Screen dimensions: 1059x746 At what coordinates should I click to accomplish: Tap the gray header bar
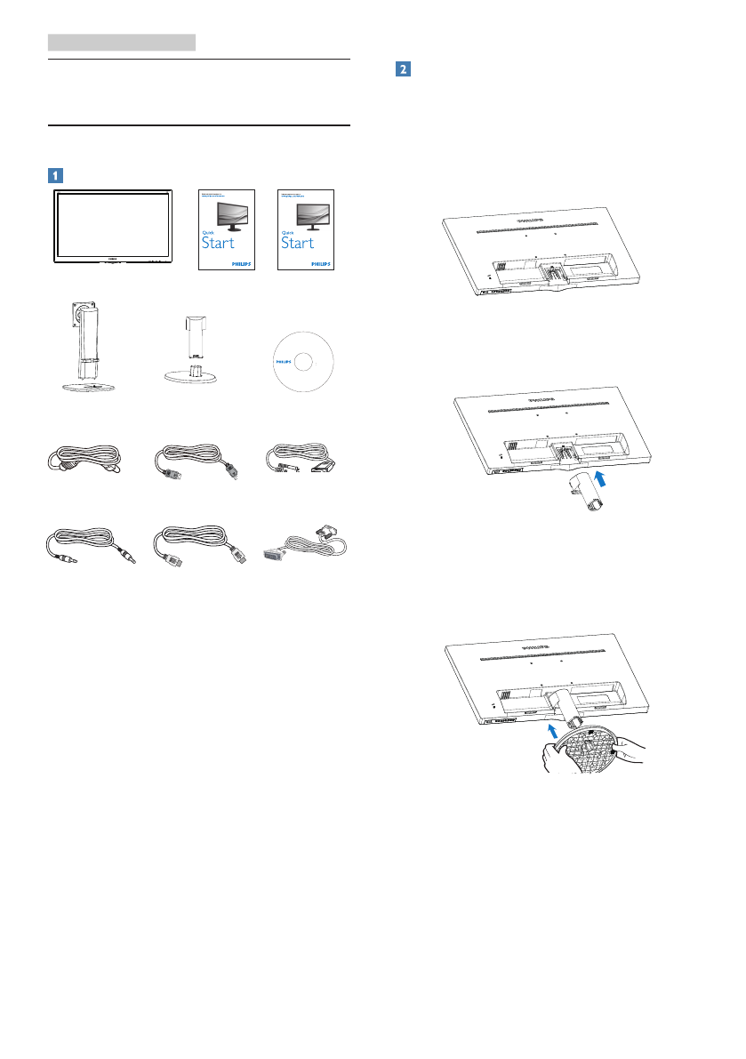pos(121,41)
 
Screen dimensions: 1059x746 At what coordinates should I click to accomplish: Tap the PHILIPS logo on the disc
pos(282,363)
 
